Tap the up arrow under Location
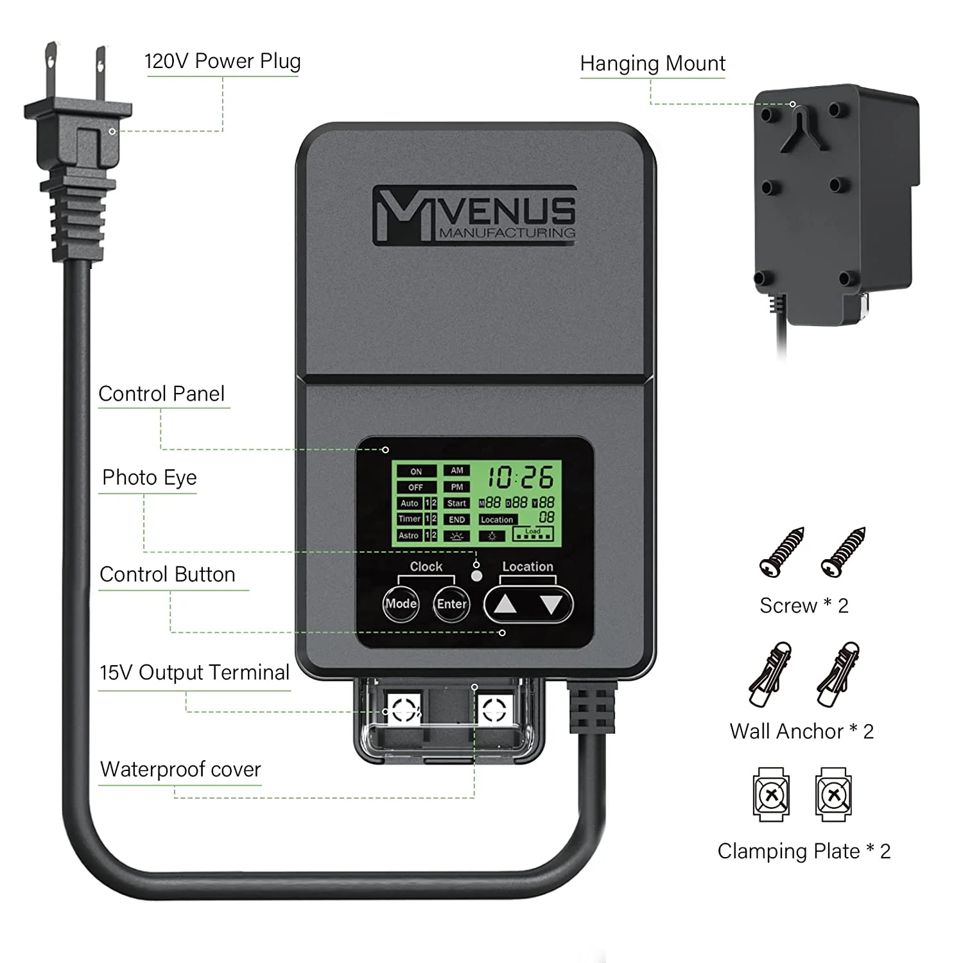point(505,604)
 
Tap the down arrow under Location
point(551,604)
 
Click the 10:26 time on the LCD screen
point(520,478)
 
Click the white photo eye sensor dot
point(476,576)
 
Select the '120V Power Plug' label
point(223,61)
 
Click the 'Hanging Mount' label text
point(652,64)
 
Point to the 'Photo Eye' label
point(150,478)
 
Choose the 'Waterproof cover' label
point(180,769)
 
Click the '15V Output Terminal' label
point(195,672)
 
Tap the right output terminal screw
point(494,710)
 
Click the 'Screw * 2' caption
point(804,605)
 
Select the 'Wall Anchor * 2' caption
point(801,731)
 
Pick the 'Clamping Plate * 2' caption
point(804,851)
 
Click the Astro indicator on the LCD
point(409,535)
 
